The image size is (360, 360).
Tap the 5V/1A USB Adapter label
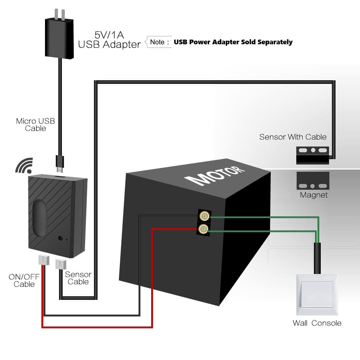click(x=109, y=40)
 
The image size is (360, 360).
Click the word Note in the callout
click(x=157, y=42)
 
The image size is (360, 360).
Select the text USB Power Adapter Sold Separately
click(x=233, y=42)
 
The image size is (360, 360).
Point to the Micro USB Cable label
click(x=36, y=125)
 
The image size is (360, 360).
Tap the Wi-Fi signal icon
click(x=24, y=165)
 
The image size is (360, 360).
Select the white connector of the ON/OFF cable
click(x=43, y=260)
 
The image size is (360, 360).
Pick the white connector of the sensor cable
click(x=60, y=264)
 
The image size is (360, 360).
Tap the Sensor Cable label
click(x=78, y=278)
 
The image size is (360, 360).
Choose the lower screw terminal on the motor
click(x=204, y=229)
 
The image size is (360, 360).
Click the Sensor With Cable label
click(x=293, y=137)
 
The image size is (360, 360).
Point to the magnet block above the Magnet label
click(x=312, y=181)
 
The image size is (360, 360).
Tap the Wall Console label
click(x=317, y=323)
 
